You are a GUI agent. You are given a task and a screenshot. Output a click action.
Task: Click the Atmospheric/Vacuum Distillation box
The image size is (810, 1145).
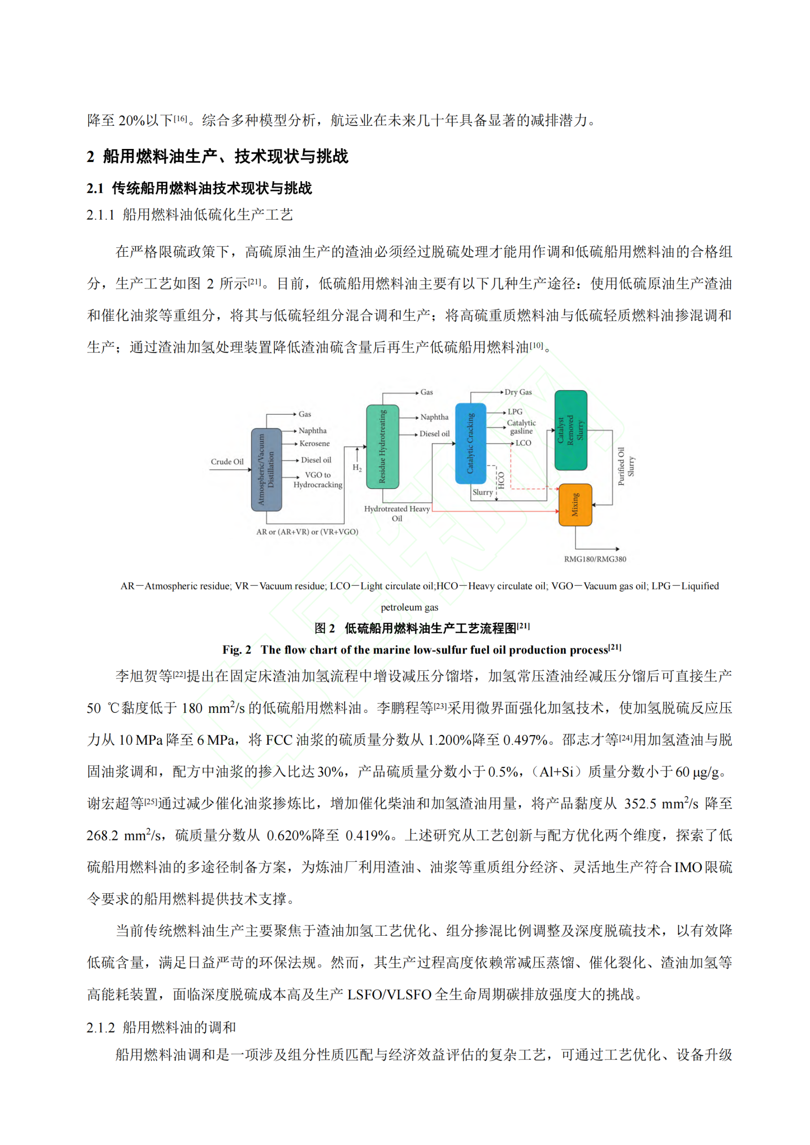pyautogui.click(x=267, y=469)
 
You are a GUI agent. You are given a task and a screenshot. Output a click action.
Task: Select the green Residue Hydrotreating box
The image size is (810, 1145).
pyautogui.click(x=382, y=446)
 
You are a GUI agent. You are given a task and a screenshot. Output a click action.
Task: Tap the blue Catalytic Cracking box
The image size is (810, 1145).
pyautogui.click(x=470, y=443)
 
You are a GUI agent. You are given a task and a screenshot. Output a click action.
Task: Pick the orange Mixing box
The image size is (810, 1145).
pyautogui.click(x=575, y=505)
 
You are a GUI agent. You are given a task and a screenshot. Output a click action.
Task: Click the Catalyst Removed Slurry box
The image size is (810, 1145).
pyautogui.click(x=571, y=430)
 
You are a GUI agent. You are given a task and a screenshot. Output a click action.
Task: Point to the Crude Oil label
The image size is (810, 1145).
pyautogui.click(x=227, y=462)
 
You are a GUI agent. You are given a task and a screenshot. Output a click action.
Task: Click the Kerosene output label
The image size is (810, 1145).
pyautogui.click(x=315, y=443)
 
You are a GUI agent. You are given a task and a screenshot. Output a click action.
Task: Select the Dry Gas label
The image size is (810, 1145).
pyautogui.click(x=518, y=392)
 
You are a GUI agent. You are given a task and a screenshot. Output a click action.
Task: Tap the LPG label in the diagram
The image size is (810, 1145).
pyautogui.click(x=515, y=411)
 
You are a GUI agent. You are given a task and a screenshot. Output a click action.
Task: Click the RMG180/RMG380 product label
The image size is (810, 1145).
pyautogui.click(x=595, y=559)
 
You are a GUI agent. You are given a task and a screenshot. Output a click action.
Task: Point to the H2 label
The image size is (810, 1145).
pyautogui.click(x=357, y=467)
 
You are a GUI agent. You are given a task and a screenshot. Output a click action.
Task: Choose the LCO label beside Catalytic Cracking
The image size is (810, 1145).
pyautogui.click(x=523, y=443)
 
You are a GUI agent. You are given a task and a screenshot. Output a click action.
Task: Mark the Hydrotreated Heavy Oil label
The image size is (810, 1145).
pyautogui.click(x=397, y=513)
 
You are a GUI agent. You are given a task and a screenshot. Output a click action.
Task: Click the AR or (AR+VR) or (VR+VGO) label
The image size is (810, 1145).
pyautogui.click(x=307, y=532)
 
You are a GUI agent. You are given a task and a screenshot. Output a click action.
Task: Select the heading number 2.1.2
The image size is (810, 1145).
pyautogui.click(x=100, y=1027)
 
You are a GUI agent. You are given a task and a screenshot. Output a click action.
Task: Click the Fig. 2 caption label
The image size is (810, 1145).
pyautogui.click(x=237, y=650)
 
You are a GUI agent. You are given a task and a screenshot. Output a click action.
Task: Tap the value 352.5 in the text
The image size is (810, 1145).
pyautogui.click(x=640, y=804)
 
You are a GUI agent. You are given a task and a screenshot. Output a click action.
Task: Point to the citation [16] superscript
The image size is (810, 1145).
pyautogui.click(x=180, y=118)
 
